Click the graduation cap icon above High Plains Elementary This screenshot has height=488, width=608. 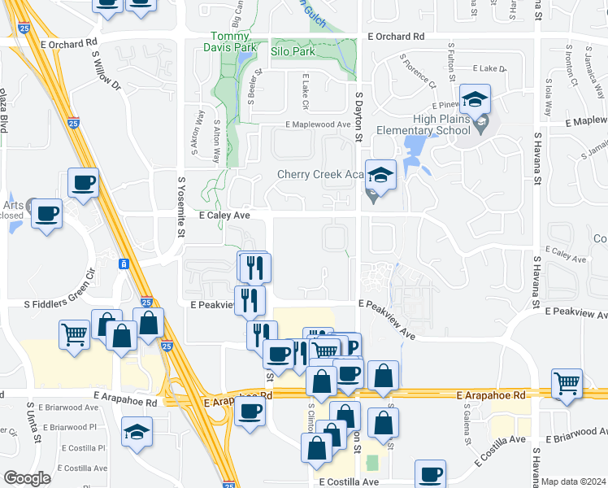click(x=474, y=99)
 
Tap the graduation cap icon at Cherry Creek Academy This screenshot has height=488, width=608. click(x=380, y=173)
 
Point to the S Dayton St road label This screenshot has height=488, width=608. click(x=357, y=116)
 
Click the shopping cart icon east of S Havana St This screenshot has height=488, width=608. click(x=567, y=382)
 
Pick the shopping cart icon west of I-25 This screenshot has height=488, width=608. click(x=74, y=333)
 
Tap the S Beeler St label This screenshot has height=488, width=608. click(x=260, y=83)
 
